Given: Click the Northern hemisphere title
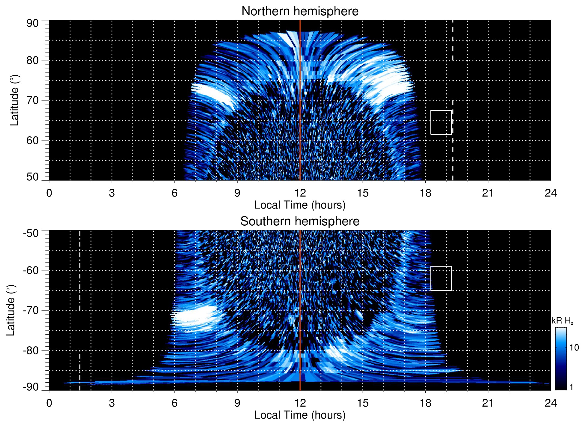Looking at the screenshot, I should tap(300, 11).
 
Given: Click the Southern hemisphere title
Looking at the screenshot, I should tap(300, 221).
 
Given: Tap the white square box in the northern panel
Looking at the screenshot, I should tap(441, 122).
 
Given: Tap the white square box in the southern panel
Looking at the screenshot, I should tap(441, 278).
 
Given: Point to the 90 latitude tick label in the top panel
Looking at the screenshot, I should tap(32, 23).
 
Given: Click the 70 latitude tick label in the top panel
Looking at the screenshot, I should tap(32, 100).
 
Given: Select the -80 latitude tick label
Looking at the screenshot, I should tap(31, 350).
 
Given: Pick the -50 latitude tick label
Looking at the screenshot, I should tap(31, 233).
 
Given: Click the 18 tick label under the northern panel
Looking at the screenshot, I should tap(425, 193).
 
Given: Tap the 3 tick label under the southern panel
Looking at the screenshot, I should tap(112, 403).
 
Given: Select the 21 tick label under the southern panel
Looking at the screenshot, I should tap(488, 403).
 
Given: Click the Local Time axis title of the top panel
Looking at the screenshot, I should tap(300, 205).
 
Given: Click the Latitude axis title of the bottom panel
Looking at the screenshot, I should tap(11, 311).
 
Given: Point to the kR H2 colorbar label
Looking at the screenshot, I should tap(562, 321).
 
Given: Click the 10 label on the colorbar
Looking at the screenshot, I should tap(574, 348).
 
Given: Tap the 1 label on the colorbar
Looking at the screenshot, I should tap(571, 387).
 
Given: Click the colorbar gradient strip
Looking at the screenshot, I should tap(561, 359).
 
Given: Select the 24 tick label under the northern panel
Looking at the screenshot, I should tap(550, 193).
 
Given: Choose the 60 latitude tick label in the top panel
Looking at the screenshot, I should tap(32, 140).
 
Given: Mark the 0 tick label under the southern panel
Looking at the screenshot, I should tap(49, 403).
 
